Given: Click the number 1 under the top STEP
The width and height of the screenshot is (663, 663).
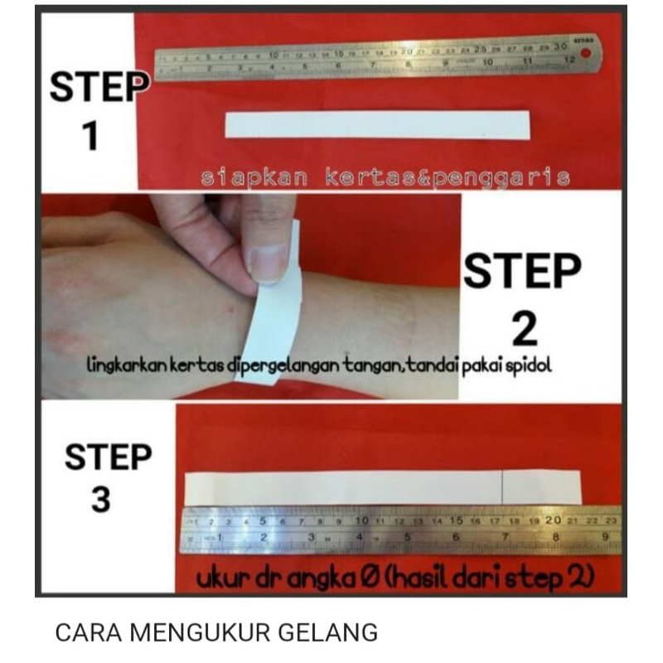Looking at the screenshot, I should [90, 138].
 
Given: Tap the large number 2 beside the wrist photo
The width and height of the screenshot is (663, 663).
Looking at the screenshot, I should [525, 329].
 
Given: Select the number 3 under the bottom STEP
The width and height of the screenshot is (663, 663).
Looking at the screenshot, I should [100, 501].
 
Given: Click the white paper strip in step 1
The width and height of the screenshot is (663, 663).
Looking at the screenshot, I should [376, 124].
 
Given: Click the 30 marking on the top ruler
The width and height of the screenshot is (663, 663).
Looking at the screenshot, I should [561, 46].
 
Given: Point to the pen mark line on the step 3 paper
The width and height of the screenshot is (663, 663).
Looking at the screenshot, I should [502, 486].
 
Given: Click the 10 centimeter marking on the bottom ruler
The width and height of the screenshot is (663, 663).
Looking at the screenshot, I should [361, 521].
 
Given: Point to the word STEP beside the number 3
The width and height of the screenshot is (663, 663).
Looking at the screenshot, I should [108, 457].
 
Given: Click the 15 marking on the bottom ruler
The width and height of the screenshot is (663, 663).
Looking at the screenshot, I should [455, 520].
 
